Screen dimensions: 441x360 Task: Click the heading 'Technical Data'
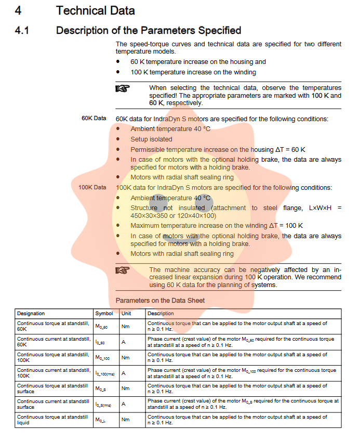[x=95, y=10]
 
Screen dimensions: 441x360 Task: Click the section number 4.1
[x=22, y=30]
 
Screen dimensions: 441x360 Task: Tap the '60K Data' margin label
[x=94, y=118]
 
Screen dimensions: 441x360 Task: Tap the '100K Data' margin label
[x=92, y=187]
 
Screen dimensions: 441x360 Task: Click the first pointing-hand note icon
[x=122, y=88]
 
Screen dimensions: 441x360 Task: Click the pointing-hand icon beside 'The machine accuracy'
[x=122, y=270]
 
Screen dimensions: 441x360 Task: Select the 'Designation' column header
[x=31, y=314]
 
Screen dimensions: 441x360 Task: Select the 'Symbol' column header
[x=104, y=314]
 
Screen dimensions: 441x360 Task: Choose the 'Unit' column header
[x=126, y=314]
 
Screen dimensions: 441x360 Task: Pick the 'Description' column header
[x=161, y=314]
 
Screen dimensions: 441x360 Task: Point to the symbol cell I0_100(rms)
[x=105, y=373]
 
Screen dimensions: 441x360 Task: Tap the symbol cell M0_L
[x=100, y=420]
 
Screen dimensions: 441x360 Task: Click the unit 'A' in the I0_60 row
[x=124, y=342]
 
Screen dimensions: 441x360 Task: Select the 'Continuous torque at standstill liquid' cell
[x=52, y=420]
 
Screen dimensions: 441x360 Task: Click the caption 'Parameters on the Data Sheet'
[x=160, y=300]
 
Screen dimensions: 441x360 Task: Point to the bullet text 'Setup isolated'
[x=151, y=139]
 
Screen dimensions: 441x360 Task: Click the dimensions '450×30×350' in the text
[x=148, y=215]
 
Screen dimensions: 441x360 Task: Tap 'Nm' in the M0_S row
[x=125, y=388]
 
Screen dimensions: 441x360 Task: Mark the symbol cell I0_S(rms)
[x=104, y=405]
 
